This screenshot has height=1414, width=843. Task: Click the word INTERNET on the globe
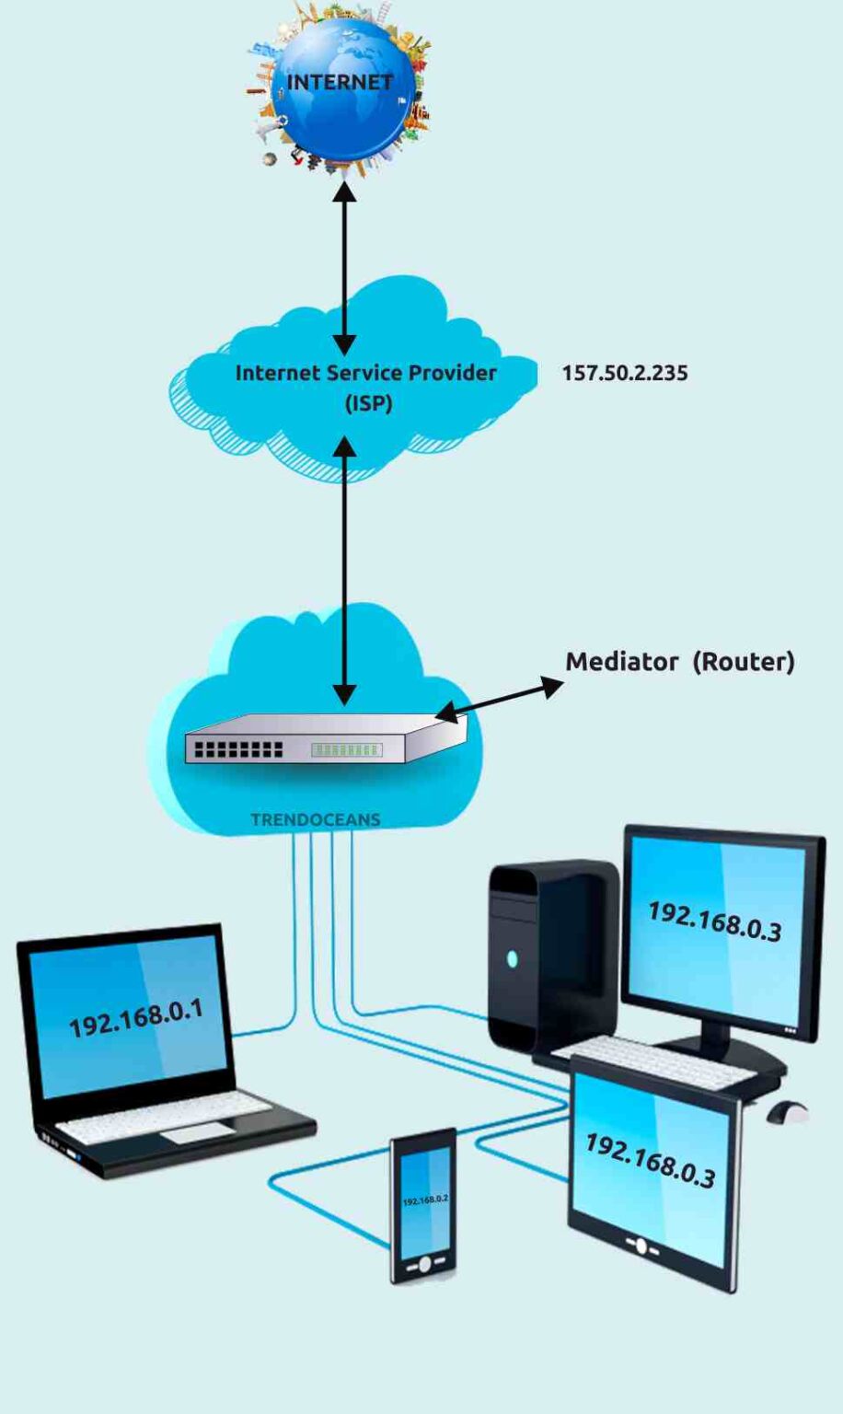[340, 82]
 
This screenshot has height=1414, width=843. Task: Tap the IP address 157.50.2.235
[625, 373]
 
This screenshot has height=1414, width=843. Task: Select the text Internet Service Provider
[365, 373]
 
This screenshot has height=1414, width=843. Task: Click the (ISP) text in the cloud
[368, 403]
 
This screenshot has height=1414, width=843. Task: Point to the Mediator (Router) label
[679, 661]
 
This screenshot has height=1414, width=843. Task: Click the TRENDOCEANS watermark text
[315, 819]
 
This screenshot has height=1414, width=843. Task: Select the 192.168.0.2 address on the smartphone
[424, 1201]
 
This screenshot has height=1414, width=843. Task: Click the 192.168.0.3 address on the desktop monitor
[714, 921]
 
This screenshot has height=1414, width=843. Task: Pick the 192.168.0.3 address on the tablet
[650, 1161]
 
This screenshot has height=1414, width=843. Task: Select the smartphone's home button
[424, 1264]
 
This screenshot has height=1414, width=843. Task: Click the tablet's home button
[642, 1246]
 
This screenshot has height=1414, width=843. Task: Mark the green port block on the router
[346, 750]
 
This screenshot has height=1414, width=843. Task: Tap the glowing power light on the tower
[512, 959]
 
